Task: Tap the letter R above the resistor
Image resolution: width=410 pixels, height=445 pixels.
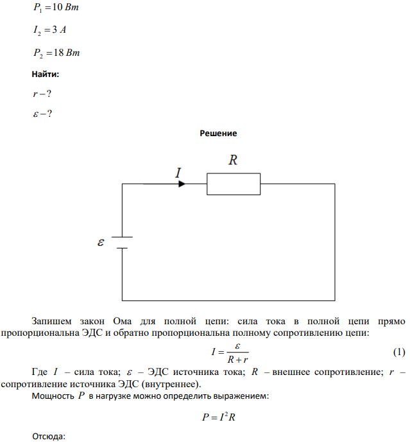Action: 233,160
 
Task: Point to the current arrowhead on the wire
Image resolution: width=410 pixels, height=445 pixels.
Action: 182,184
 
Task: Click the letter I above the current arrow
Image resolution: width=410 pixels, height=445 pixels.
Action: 178,173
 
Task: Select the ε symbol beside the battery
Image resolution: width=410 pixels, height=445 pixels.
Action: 101,242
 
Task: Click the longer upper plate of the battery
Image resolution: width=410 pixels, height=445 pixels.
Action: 122,237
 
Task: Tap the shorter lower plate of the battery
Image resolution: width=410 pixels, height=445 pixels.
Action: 122,248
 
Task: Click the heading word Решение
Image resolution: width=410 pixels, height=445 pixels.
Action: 218,133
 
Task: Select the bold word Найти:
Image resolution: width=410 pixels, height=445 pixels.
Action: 46,74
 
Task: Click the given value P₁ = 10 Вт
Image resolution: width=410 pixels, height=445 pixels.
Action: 56,7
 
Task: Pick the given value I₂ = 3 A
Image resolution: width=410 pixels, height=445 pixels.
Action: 49,30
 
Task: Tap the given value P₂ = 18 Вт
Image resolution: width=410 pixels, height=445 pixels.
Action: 56,53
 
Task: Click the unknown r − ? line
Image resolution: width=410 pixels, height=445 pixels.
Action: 42,94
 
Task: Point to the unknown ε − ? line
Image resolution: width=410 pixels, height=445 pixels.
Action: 42,114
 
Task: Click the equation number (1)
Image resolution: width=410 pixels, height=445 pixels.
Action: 399,352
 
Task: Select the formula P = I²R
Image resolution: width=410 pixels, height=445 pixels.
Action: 219,417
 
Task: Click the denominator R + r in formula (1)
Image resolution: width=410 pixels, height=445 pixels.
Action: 237,360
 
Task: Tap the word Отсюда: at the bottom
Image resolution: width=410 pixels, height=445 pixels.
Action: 49,436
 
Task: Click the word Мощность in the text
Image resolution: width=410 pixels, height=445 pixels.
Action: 53,396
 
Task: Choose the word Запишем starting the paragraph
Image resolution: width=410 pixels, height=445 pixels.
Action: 51,321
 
